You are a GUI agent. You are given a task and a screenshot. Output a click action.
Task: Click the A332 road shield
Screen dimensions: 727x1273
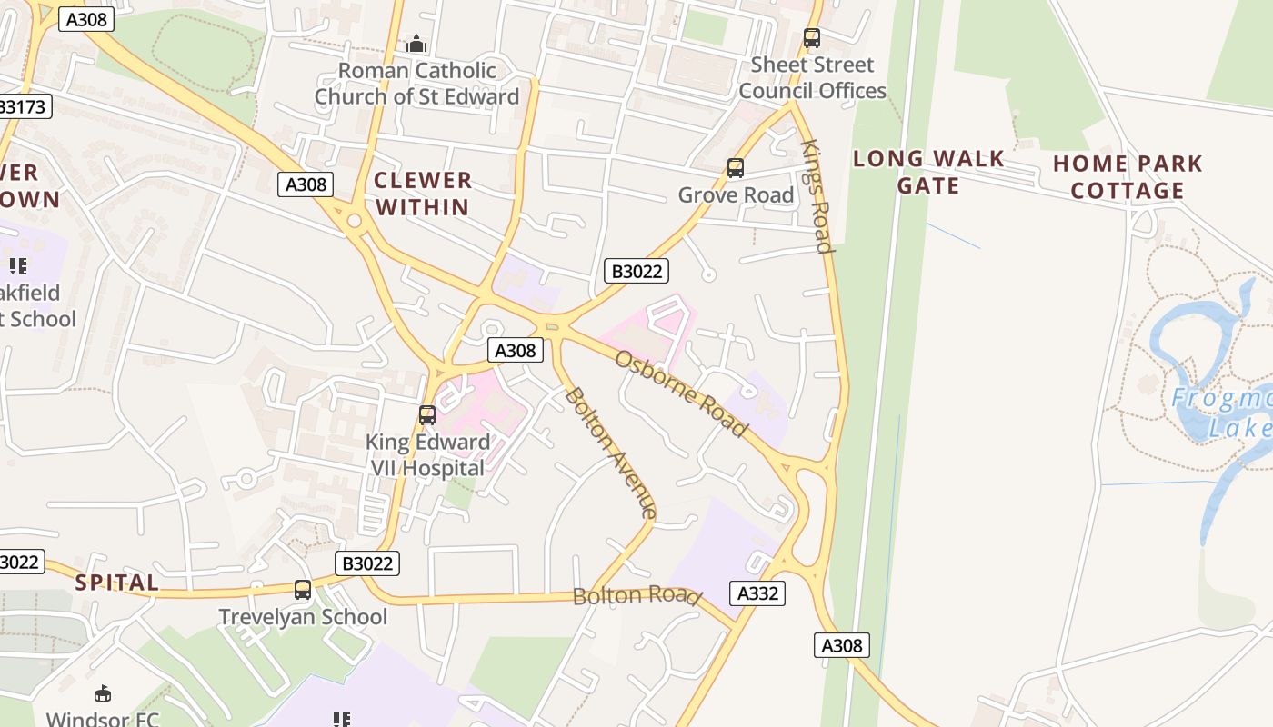click(757, 593)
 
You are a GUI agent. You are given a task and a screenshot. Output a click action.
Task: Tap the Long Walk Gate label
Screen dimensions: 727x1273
click(928, 172)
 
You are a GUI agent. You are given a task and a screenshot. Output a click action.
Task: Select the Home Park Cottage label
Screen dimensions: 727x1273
click(1128, 177)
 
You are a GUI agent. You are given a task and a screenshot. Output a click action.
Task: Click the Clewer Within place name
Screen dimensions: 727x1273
click(423, 194)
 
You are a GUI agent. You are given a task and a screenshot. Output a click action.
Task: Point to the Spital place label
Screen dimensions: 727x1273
click(117, 583)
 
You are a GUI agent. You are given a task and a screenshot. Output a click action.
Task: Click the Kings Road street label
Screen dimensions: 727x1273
click(817, 196)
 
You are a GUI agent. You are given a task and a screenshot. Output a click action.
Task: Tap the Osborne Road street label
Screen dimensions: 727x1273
click(681, 393)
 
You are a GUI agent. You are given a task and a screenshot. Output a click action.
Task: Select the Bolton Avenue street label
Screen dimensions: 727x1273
click(610, 453)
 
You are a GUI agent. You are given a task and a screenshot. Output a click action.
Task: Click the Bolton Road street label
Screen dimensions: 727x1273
click(636, 596)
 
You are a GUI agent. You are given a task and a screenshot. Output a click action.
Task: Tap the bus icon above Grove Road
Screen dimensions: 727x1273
click(735, 168)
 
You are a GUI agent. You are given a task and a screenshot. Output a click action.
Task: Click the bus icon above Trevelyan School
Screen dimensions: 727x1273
click(303, 590)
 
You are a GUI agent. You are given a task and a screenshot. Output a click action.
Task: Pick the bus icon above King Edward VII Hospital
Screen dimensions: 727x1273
click(426, 415)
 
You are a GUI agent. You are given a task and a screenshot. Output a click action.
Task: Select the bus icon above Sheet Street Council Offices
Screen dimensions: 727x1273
click(812, 38)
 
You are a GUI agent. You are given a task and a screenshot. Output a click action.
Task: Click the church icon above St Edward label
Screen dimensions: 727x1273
click(416, 43)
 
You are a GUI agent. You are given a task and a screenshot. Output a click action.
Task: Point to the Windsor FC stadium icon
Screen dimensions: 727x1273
click(103, 694)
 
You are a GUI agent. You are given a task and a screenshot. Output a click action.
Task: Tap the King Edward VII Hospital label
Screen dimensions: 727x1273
click(427, 455)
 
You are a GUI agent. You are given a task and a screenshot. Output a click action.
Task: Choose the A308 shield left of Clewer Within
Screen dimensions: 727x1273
click(306, 184)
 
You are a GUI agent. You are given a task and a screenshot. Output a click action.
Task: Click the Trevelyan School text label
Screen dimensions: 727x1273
click(303, 617)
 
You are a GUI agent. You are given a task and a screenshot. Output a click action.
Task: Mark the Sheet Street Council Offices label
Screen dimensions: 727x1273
click(812, 78)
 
